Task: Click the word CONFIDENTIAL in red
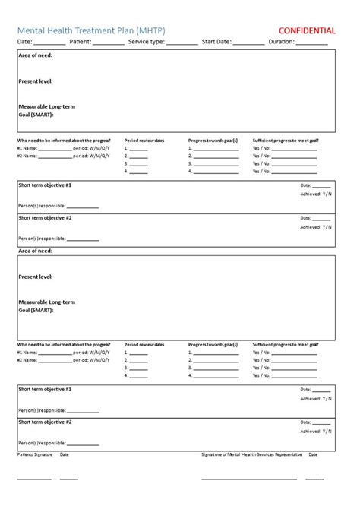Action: click(308, 30)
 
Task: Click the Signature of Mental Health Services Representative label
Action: click(251, 454)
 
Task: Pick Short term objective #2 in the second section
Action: click(45, 422)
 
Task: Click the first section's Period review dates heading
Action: click(144, 141)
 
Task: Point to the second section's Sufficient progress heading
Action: click(285, 344)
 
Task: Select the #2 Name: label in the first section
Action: click(27, 156)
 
